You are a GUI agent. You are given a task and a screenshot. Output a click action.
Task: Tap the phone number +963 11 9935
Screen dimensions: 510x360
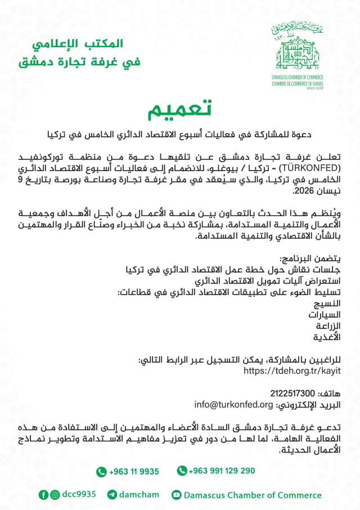click(134, 471)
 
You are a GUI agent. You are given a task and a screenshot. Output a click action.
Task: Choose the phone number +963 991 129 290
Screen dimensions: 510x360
click(222, 471)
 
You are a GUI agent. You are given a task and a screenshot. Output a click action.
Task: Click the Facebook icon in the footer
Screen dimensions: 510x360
click(43, 495)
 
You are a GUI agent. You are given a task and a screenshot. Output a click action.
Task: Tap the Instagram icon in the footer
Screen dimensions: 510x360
click(55, 495)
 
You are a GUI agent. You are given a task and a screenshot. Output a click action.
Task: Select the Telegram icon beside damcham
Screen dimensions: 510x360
click(112, 495)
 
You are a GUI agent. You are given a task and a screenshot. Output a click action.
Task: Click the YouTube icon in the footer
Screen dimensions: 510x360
click(177, 495)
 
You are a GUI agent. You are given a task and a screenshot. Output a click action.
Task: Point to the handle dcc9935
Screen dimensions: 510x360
click(79, 494)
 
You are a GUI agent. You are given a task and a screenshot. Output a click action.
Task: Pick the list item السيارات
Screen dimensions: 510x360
click(323, 315)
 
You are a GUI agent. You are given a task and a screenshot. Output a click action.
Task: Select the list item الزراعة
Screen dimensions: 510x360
click(326, 326)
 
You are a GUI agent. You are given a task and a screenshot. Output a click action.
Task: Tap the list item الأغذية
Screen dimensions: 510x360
click(327, 337)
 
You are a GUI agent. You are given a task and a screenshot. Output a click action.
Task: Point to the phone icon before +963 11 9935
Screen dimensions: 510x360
click(101, 472)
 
